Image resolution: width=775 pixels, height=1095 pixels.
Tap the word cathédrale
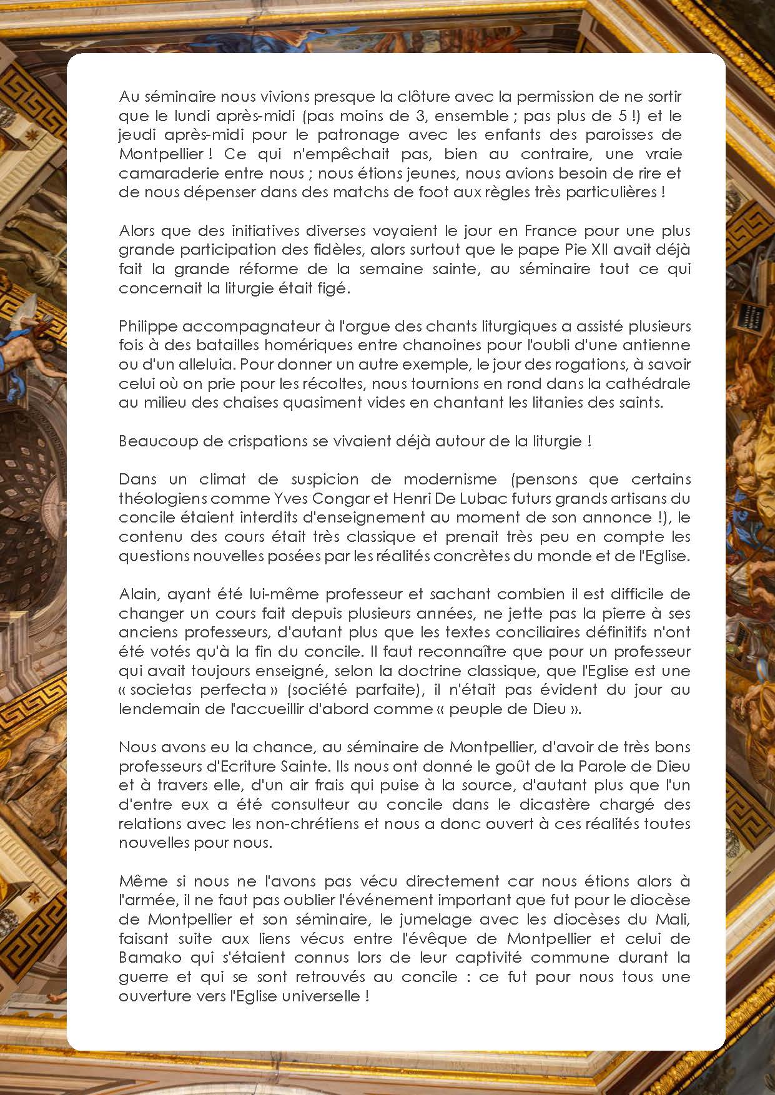648,383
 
